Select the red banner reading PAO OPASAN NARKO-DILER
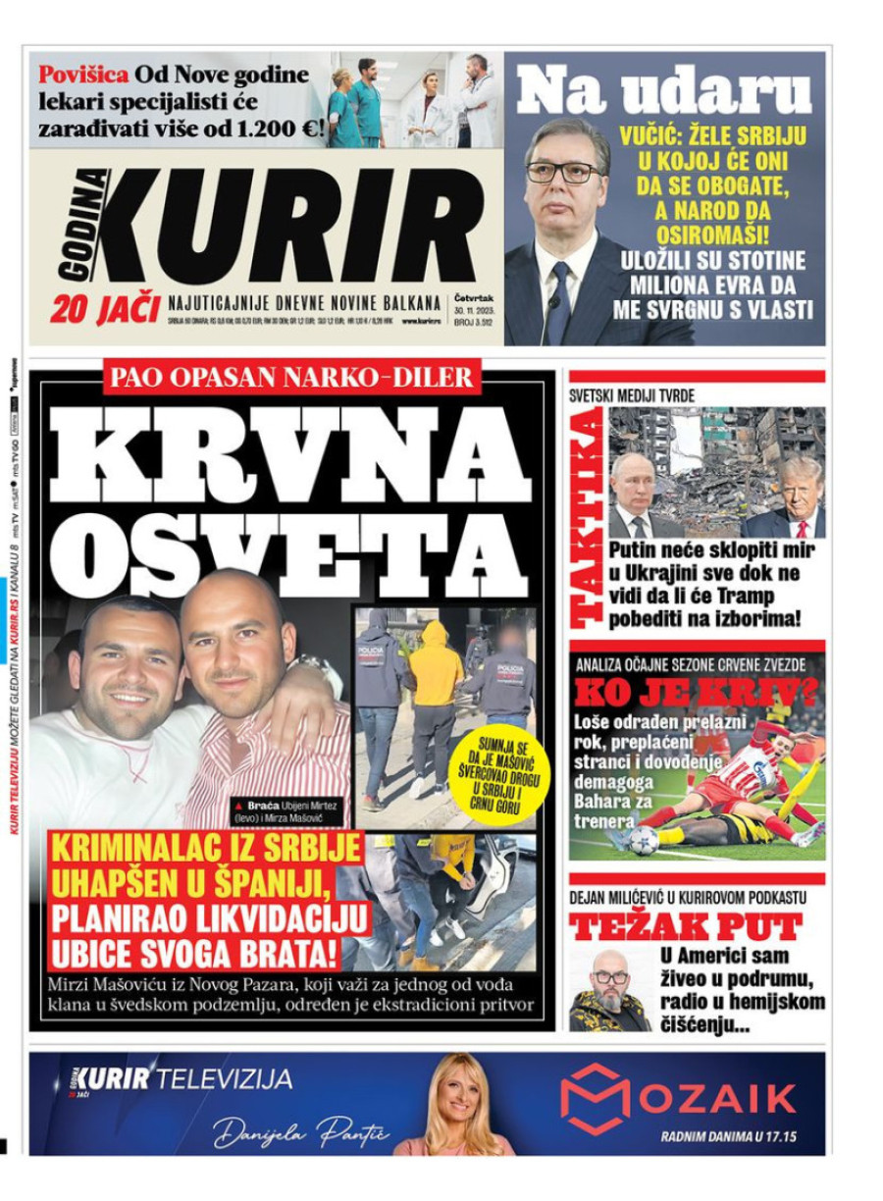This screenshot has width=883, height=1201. pos(292,377)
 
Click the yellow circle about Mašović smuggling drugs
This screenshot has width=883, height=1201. pos(501,772)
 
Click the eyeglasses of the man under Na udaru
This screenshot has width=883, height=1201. pos(564,172)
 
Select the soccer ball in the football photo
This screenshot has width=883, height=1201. pos(644,840)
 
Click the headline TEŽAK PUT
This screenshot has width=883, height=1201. pos(686,926)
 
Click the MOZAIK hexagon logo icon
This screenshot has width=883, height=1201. pos(595,1098)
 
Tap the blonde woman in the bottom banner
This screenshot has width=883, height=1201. pos(455,1104)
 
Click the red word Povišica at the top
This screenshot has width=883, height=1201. pos(82,75)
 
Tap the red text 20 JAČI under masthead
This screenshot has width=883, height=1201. pos(104,310)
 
